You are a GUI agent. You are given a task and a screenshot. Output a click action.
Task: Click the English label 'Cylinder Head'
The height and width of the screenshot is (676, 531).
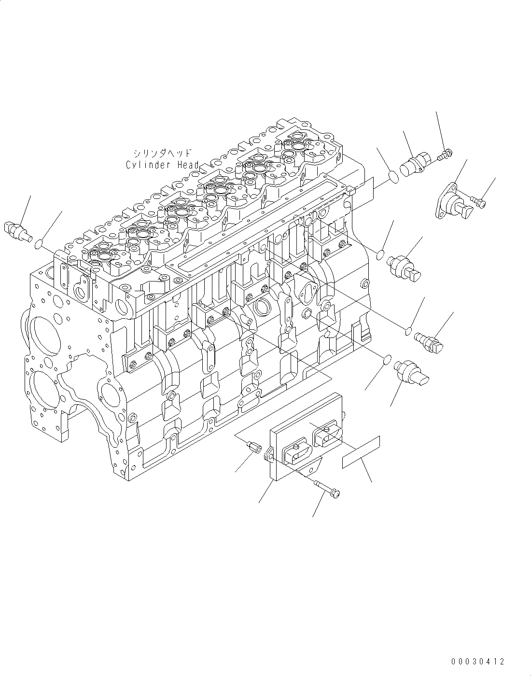[x=162, y=165]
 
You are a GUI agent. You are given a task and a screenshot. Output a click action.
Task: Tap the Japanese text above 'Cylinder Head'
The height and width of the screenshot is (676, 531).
[x=163, y=153]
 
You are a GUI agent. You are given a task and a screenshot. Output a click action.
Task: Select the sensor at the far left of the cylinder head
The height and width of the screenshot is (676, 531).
[x=19, y=231]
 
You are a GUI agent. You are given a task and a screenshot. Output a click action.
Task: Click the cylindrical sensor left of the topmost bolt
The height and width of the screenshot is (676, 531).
[x=417, y=163]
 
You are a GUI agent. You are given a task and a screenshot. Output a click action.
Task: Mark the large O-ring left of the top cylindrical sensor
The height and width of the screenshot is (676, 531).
[x=394, y=176]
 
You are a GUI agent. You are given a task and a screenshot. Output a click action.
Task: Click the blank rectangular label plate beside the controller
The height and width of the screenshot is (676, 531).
[x=361, y=452]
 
